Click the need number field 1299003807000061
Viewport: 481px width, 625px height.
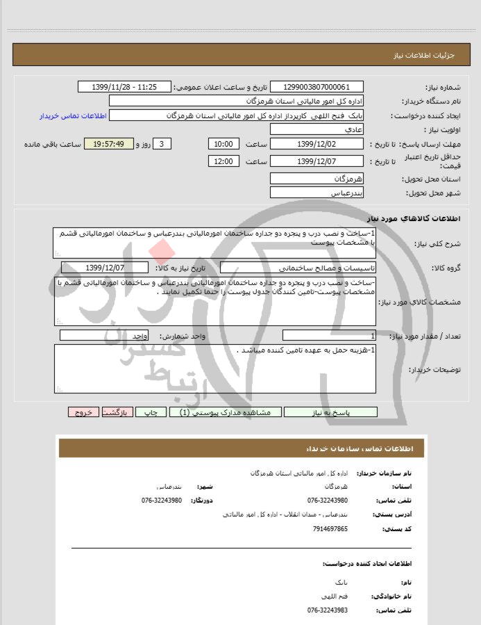click(x=317, y=87)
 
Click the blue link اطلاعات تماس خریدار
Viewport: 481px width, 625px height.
click(x=71, y=115)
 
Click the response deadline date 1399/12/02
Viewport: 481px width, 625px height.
click(x=317, y=145)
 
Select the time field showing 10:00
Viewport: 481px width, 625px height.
click(x=223, y=145)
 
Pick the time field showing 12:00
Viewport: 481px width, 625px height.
click(x=223, y=161)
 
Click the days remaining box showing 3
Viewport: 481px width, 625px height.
click(x=162, y=145)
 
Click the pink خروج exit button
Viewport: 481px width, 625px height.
click(x=83, y=412)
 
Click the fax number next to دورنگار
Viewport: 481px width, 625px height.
click(x=162, y=501)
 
